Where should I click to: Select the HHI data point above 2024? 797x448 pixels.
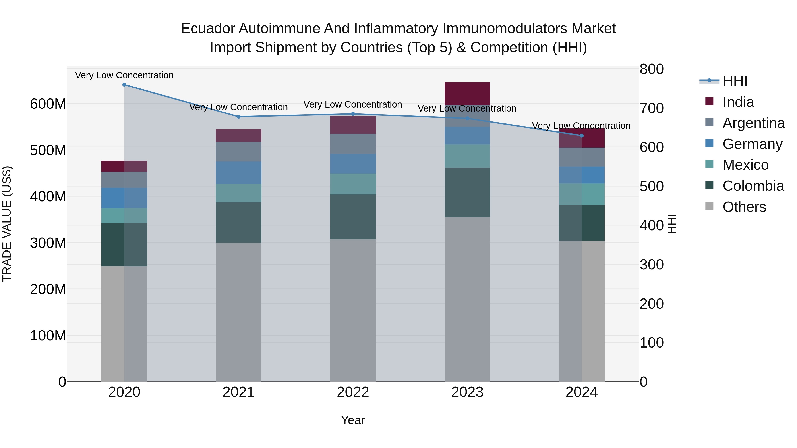(581, 136)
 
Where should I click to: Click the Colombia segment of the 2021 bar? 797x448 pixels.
(238, 223)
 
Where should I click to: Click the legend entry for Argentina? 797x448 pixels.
(753, 123)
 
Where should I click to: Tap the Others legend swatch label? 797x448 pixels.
(744, 207)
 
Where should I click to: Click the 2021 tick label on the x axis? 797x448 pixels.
(238, 392)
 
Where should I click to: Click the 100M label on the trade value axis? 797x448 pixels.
(48, 335)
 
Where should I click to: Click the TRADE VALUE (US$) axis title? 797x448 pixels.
(7, 224)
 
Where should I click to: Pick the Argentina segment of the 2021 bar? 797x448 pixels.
(238, 152)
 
